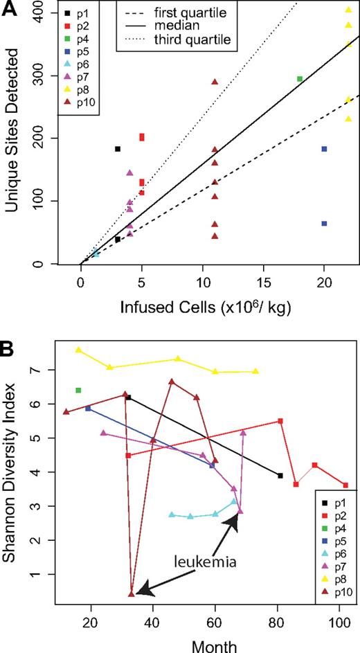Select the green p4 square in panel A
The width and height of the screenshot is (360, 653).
[300, 79]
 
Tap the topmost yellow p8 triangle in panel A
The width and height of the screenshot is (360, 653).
[348, 10]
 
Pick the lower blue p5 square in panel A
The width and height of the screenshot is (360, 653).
[324, 223]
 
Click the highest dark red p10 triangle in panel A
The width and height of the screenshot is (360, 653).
[215, 82]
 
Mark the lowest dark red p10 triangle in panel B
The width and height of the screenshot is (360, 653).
[132, 593]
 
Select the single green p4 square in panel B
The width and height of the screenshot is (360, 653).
[78, 391]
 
